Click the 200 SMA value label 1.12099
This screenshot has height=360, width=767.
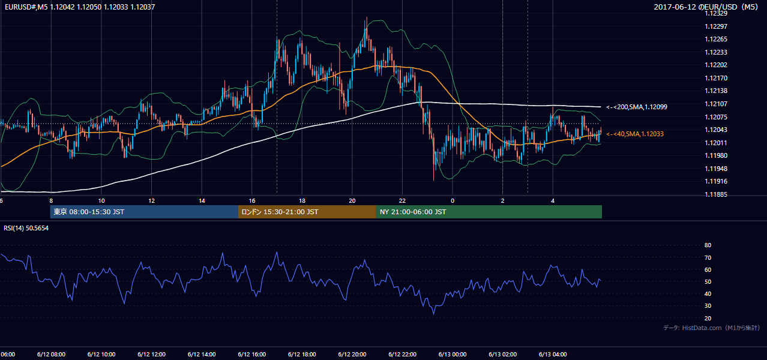coord(637,107)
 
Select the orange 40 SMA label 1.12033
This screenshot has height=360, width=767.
coord(635,134)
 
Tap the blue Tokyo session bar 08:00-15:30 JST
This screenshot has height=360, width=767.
coord(144,212)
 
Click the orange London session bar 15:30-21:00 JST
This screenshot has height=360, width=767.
coord(307,212)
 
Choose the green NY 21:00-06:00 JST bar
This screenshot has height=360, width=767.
coord(489,212)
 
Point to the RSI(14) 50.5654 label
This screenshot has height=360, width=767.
coord(26,228)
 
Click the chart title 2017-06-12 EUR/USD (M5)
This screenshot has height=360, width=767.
coord(706,7)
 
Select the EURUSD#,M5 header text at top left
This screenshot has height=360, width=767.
coord(80,7)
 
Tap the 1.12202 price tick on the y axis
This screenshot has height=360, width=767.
coord(716,65)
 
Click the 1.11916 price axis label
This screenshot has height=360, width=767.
coord(716,181)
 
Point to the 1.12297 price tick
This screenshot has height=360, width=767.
coord(716,26)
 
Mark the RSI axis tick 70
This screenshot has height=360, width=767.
coord(708,257)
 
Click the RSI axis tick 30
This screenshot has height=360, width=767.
coord(708,305)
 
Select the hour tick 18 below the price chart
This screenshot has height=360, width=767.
coord(302,201)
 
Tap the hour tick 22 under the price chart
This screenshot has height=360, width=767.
coord(402,201)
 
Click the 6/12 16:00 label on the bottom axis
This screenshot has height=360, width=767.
coord(251,354)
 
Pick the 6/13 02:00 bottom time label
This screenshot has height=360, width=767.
coord(503,354)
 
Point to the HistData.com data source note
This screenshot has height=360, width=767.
coord(712,328)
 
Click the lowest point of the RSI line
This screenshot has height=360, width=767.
coord(434,314)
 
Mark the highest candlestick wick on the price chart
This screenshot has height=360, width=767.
coord(367,17)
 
